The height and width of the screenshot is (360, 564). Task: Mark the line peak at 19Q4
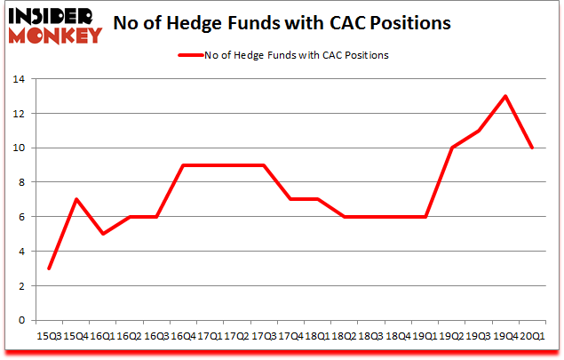[x=506, y=96]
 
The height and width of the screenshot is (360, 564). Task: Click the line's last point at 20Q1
[x=532, y=148]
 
